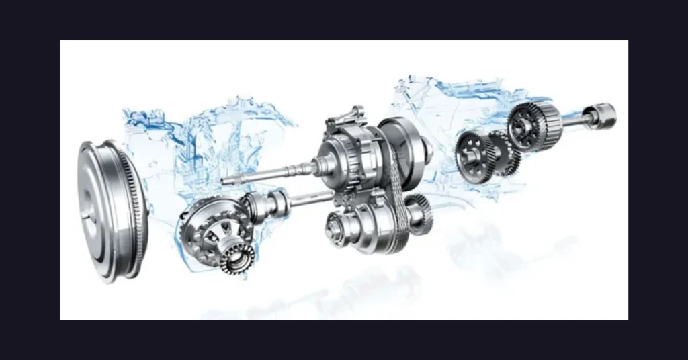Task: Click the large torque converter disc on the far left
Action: click(101, 208)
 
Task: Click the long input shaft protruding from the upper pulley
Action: click(269, 173)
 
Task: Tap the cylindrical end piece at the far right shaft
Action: click(601, 115)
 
